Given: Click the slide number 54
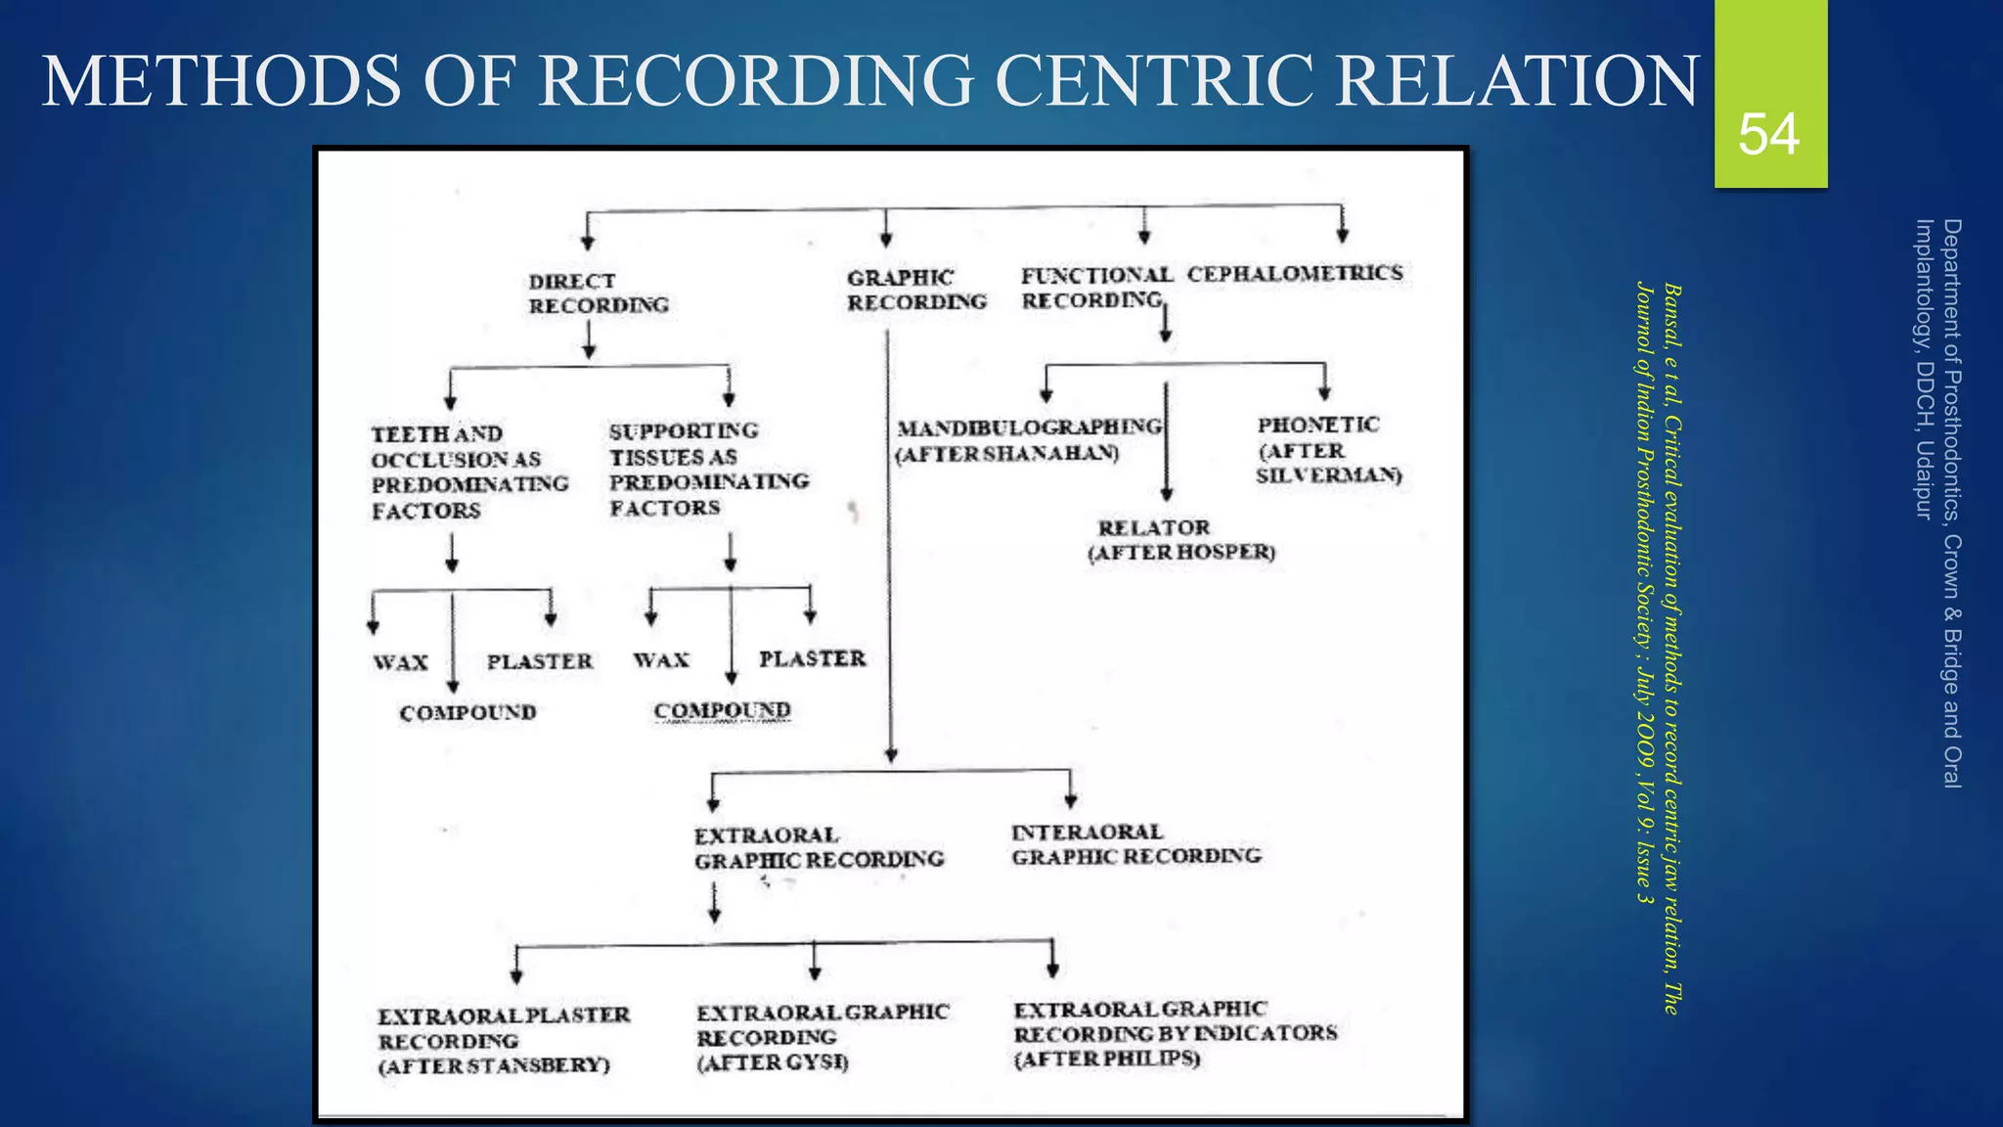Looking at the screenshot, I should (1768, 134).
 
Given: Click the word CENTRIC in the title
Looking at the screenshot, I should (1155, 80).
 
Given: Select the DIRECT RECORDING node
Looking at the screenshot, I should (598, 293).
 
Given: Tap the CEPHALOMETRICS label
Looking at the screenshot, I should (1294, 274).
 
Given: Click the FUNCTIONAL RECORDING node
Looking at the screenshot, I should (1094, 289).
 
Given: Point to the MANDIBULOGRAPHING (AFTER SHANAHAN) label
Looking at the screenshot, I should (1028, 440).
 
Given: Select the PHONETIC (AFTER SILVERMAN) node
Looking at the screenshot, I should (1327, 450).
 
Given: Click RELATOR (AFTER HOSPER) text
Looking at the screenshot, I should (1180, 540).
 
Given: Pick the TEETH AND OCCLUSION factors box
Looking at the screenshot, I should (468, 473).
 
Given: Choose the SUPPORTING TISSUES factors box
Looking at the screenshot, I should (708, 470).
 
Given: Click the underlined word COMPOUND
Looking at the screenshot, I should (722, 711).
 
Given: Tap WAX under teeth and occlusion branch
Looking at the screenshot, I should (400, 663).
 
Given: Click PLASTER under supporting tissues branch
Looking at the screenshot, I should (812, 659).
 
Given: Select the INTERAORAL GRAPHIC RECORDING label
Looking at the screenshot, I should (1135, 844).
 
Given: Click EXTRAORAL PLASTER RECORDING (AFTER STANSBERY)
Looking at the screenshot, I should (503, 1041).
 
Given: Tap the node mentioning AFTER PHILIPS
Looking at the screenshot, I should (1174, 1034).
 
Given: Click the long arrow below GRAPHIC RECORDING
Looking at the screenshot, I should (889, 548).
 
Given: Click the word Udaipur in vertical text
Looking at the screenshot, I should (1924, 479).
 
